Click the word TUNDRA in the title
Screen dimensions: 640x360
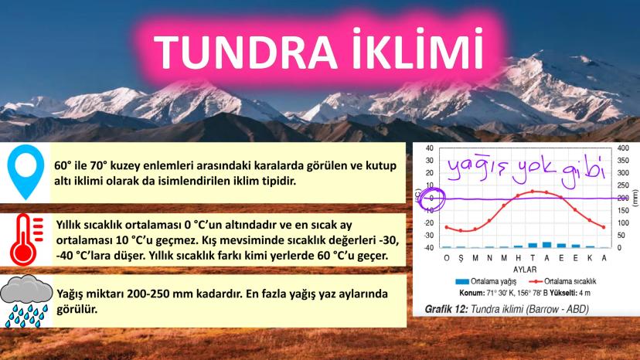click(246, 53)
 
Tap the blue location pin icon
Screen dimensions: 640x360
click(26, 172)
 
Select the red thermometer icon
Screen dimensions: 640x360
click(26, 239)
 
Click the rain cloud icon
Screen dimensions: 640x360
click(26, 301)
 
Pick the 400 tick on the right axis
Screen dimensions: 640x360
click(623, 148)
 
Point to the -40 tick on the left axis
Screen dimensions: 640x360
click(428, 247)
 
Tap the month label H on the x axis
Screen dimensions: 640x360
click(519, 258)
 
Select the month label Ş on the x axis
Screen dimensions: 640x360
click(461, 258)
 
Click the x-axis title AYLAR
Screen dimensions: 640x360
click(525, 270)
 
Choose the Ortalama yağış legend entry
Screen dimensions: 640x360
click(485, 282)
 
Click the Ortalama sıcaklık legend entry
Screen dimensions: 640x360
click(563, 282)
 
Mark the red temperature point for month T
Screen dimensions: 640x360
click(533, 191)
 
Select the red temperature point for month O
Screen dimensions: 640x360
click(447, 227)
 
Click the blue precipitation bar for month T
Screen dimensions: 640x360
click(533, 246)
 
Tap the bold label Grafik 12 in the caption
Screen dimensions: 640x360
click(446, 309)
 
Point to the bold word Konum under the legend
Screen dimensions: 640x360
click(471, 293)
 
